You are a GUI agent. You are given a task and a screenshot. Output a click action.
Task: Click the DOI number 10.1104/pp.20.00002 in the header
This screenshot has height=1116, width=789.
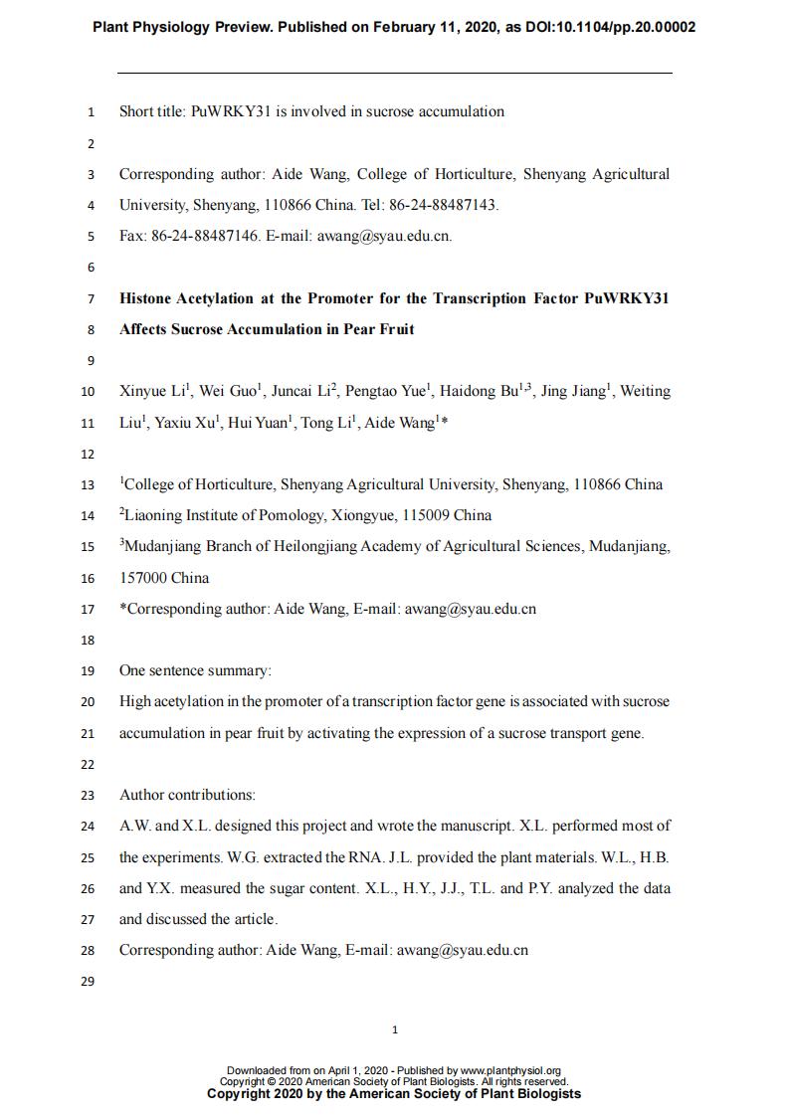(x=615, y=27)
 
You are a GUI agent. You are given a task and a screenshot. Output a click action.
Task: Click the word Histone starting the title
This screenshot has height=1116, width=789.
(x=145, y=297)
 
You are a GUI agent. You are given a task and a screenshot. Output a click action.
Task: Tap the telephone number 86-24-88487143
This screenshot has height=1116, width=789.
(x=442, y=205)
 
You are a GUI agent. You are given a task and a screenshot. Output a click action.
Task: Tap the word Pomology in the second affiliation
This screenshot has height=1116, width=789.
(x=289, y=515)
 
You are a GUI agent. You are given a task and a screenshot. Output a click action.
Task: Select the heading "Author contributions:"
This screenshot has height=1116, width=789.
(x=187, y=795)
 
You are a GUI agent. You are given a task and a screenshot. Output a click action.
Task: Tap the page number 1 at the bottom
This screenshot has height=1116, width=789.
(x=395, y=1029)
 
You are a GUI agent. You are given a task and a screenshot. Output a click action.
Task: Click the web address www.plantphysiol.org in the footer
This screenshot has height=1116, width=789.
(x=510, y=1071)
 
